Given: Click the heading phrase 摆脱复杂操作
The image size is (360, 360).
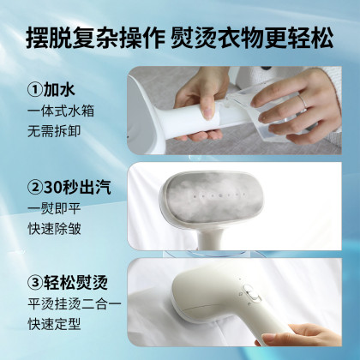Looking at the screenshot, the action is coord(95,39).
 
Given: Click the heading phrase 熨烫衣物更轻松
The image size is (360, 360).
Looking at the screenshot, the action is coord(252,39).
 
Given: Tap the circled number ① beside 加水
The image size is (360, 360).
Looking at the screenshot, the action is coord(35,89).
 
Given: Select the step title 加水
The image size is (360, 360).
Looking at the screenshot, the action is coord(59,89).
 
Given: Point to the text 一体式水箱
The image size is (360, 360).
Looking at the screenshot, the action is coord(61,111).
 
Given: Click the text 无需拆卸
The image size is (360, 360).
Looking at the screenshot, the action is coord(54,131).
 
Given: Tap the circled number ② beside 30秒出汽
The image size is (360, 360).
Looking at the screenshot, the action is coord(35,188).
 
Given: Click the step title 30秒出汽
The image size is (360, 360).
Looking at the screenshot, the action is coord(77,188).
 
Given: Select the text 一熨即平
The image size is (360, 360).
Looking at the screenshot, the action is coord(54,209).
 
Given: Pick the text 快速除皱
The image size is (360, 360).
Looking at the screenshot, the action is coord(54,229).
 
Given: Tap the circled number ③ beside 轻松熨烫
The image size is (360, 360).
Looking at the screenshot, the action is coord(35,283).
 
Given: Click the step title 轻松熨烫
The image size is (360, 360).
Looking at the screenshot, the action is coord(75,283).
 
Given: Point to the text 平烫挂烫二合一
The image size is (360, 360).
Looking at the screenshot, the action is coord(75,304).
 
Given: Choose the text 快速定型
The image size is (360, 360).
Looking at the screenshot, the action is coord(54,324).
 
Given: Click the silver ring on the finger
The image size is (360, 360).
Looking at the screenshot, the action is coord(303,101).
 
